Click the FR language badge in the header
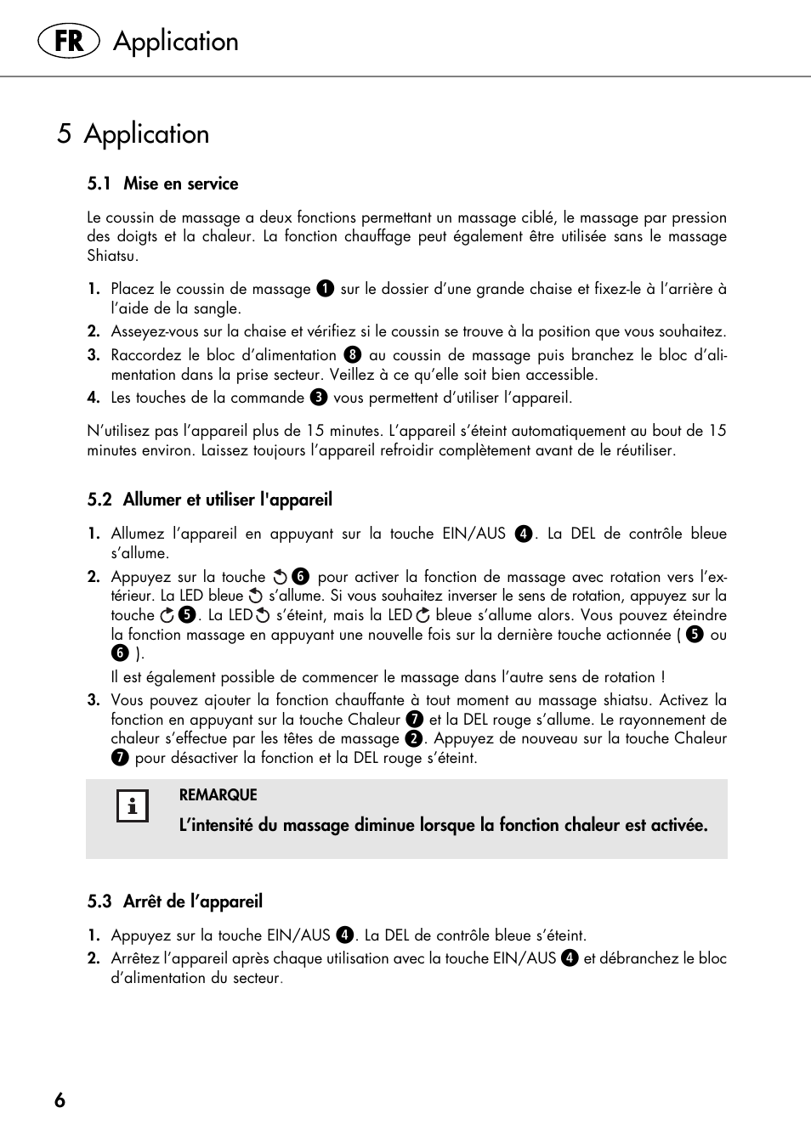click(x=69, y=41)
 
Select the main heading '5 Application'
click(x=133, y=134)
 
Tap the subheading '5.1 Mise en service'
click(x=162, y=184)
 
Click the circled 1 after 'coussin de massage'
click(x=325, y=289)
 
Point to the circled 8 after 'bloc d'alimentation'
click(x=353, y=355)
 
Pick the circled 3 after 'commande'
click(x=319, y=398)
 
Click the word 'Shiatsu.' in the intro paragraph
click(x=112, y=256)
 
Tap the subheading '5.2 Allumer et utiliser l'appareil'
click(x=209, y=500)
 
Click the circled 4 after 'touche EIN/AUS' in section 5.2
click(x=524, y=534)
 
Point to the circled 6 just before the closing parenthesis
click(x=120, y=653)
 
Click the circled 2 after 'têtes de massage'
click(x=414, y=739)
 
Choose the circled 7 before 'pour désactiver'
click(x=120, y=758)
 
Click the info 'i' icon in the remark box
click(x=132, y=806)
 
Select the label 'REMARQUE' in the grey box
click(x=218, y=795)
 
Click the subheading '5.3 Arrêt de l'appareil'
click(x=174, y=901)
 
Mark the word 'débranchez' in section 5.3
click(x=638, y=958)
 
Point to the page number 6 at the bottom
click(x=60, y=1100)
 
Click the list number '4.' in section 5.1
click(x=94, y=398)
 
